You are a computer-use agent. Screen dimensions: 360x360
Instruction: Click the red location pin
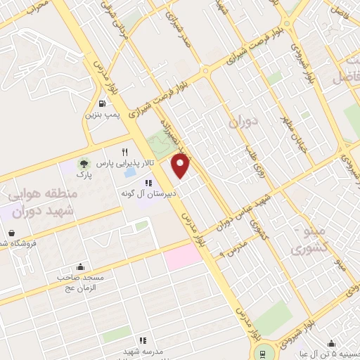tap(181, 167)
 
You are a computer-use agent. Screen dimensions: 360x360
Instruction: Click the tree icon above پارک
tap(85, 163)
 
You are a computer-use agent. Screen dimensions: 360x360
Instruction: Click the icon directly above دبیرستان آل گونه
tap(148, 182)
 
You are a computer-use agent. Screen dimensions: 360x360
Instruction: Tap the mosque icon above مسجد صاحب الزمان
tap(80, 267)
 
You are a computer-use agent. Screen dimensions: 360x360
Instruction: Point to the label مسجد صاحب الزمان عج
tap(80, 282)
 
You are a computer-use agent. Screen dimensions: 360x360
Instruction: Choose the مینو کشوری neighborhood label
tap(309, 240)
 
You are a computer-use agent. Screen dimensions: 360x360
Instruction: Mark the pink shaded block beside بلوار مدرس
tap(184, 257)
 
